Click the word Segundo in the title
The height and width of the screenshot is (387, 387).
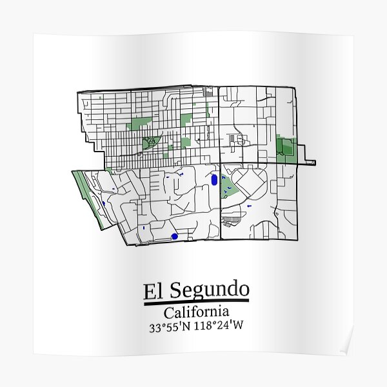pyautogui.click(x=208, y=291)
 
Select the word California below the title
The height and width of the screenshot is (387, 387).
pyautogui.click(x=196, y=313)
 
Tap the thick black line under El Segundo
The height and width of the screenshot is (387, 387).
pyautogui.click(x=196, y=302)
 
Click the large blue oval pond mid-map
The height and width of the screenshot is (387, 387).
pyautogui.click(x=213, y=181)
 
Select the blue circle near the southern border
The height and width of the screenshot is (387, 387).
pyautogui.click(x=174, y=237)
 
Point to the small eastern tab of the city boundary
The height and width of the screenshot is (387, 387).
pyautogui.click(x=310, y=162)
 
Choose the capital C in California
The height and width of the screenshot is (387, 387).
pyautogui.click(x=169, y=313)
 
